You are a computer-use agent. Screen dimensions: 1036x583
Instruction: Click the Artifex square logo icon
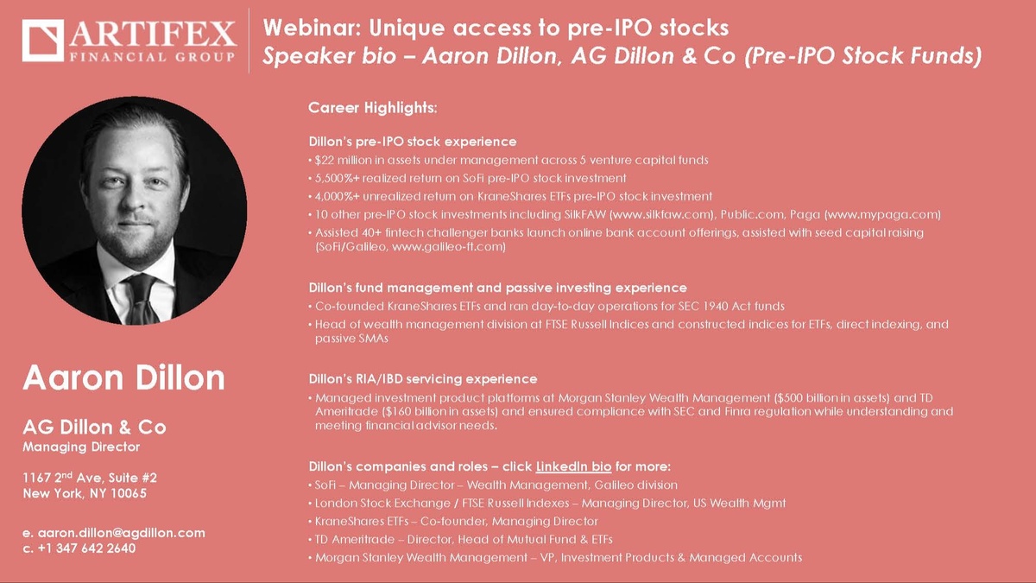[42, 41]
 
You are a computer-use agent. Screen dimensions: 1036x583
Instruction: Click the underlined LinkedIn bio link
[573, 466]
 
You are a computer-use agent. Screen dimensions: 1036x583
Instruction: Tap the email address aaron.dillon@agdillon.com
[121, 533]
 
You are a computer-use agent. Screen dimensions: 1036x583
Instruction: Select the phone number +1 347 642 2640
[86, 548]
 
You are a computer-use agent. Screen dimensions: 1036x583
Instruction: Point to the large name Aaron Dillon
[124, 377]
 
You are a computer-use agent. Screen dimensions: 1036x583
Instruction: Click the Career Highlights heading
[373, 108]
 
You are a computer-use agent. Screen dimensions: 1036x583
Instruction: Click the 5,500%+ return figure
[338, 178]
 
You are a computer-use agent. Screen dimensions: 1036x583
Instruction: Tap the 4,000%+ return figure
[338, 196]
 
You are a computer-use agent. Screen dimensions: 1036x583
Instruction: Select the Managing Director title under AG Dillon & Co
[81, 447]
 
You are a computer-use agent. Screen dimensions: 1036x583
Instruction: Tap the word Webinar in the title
[312, 28]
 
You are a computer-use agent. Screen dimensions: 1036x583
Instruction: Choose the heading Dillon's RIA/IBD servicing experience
[423, 379]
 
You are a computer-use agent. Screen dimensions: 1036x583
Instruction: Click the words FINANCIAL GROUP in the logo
[152, 57]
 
